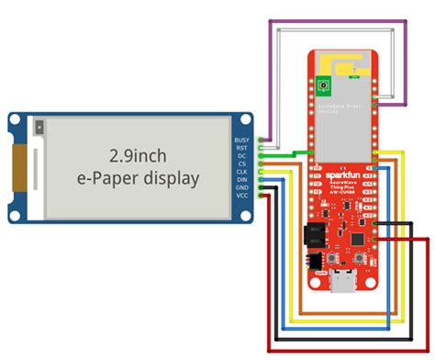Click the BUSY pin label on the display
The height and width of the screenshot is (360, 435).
click(243, 139)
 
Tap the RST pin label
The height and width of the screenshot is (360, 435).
click(242, 147)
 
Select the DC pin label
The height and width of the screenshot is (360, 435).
click(241, 155)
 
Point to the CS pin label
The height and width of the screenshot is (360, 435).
click(241, 163)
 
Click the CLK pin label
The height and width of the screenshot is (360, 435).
click(242, 171)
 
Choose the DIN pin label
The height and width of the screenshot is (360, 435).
click(242, 179)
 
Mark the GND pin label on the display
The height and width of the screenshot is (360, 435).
click(242, 187)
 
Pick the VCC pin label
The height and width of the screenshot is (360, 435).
click(242, 196)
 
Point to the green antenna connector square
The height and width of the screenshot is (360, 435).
click(323, 87)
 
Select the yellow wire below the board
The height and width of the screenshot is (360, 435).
click(349, 325)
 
